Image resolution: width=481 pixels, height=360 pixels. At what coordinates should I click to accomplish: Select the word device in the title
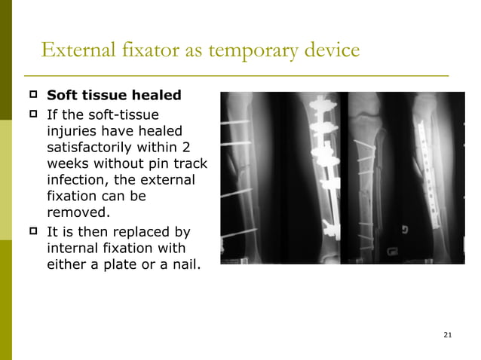[x=328, y=51]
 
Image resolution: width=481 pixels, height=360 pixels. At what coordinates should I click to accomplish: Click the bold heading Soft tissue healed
[x=114, y=96]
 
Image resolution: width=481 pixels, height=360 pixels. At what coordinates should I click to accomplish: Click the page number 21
[x=448, y=334]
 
